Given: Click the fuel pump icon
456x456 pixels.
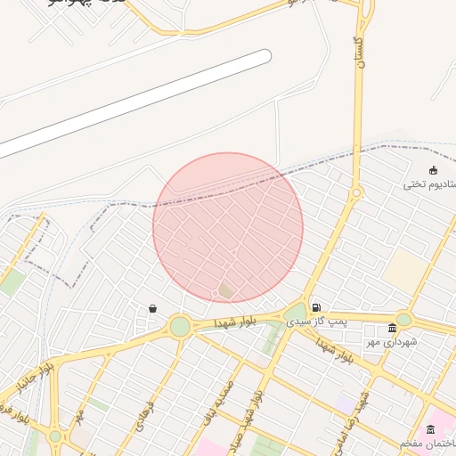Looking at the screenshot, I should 317,307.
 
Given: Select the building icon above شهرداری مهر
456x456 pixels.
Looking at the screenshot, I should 392,328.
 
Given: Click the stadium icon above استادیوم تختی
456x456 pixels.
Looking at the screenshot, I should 434,170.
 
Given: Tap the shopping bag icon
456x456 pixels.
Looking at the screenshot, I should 152,308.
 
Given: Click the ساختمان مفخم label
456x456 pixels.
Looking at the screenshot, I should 428,443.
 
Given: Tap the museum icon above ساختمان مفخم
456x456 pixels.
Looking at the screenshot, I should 431,429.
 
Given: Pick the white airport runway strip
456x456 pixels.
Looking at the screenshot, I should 134,102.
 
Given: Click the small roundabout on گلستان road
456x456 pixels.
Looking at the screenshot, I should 356,192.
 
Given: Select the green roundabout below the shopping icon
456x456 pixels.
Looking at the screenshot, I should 180,327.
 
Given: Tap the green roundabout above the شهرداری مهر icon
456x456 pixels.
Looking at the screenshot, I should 403,319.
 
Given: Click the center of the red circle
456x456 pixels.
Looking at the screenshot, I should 228,227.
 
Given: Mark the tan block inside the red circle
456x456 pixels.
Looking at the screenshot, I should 227,290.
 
